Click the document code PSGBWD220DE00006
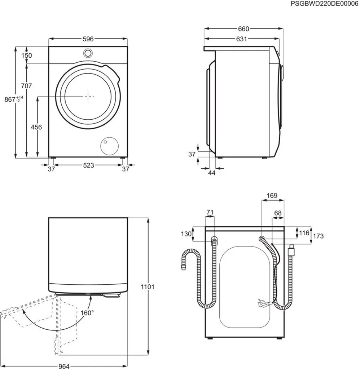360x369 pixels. coord(324,3)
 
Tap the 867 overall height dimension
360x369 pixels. coord(10,99)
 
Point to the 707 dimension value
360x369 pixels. coord(26,86)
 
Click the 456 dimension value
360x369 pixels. coord(36,127)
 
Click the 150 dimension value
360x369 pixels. coord(26,55)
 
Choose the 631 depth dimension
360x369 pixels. coord(241,39)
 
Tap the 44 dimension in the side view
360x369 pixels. coord(212,173)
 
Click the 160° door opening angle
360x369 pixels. coord(87,312)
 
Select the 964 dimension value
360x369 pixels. coord(64,366)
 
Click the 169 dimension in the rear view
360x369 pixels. coord(272,196)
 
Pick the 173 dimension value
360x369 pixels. coord(318,236)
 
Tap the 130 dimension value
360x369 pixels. coord(186,234)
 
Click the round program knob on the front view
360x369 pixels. coord(88,53)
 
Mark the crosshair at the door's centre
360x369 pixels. coord(89,96)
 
